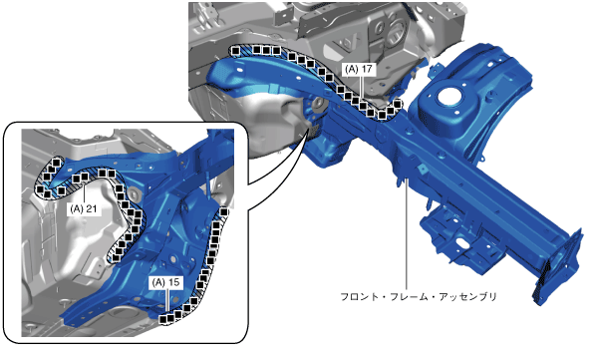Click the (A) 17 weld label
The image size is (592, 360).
359,70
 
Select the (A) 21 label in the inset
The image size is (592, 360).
84,208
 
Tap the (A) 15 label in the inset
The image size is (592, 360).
166,282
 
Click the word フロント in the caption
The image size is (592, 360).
359,297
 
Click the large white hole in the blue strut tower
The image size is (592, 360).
450,97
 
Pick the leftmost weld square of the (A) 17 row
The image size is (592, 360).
235,50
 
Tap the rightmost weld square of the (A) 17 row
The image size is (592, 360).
397,104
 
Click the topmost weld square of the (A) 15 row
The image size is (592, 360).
224,212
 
